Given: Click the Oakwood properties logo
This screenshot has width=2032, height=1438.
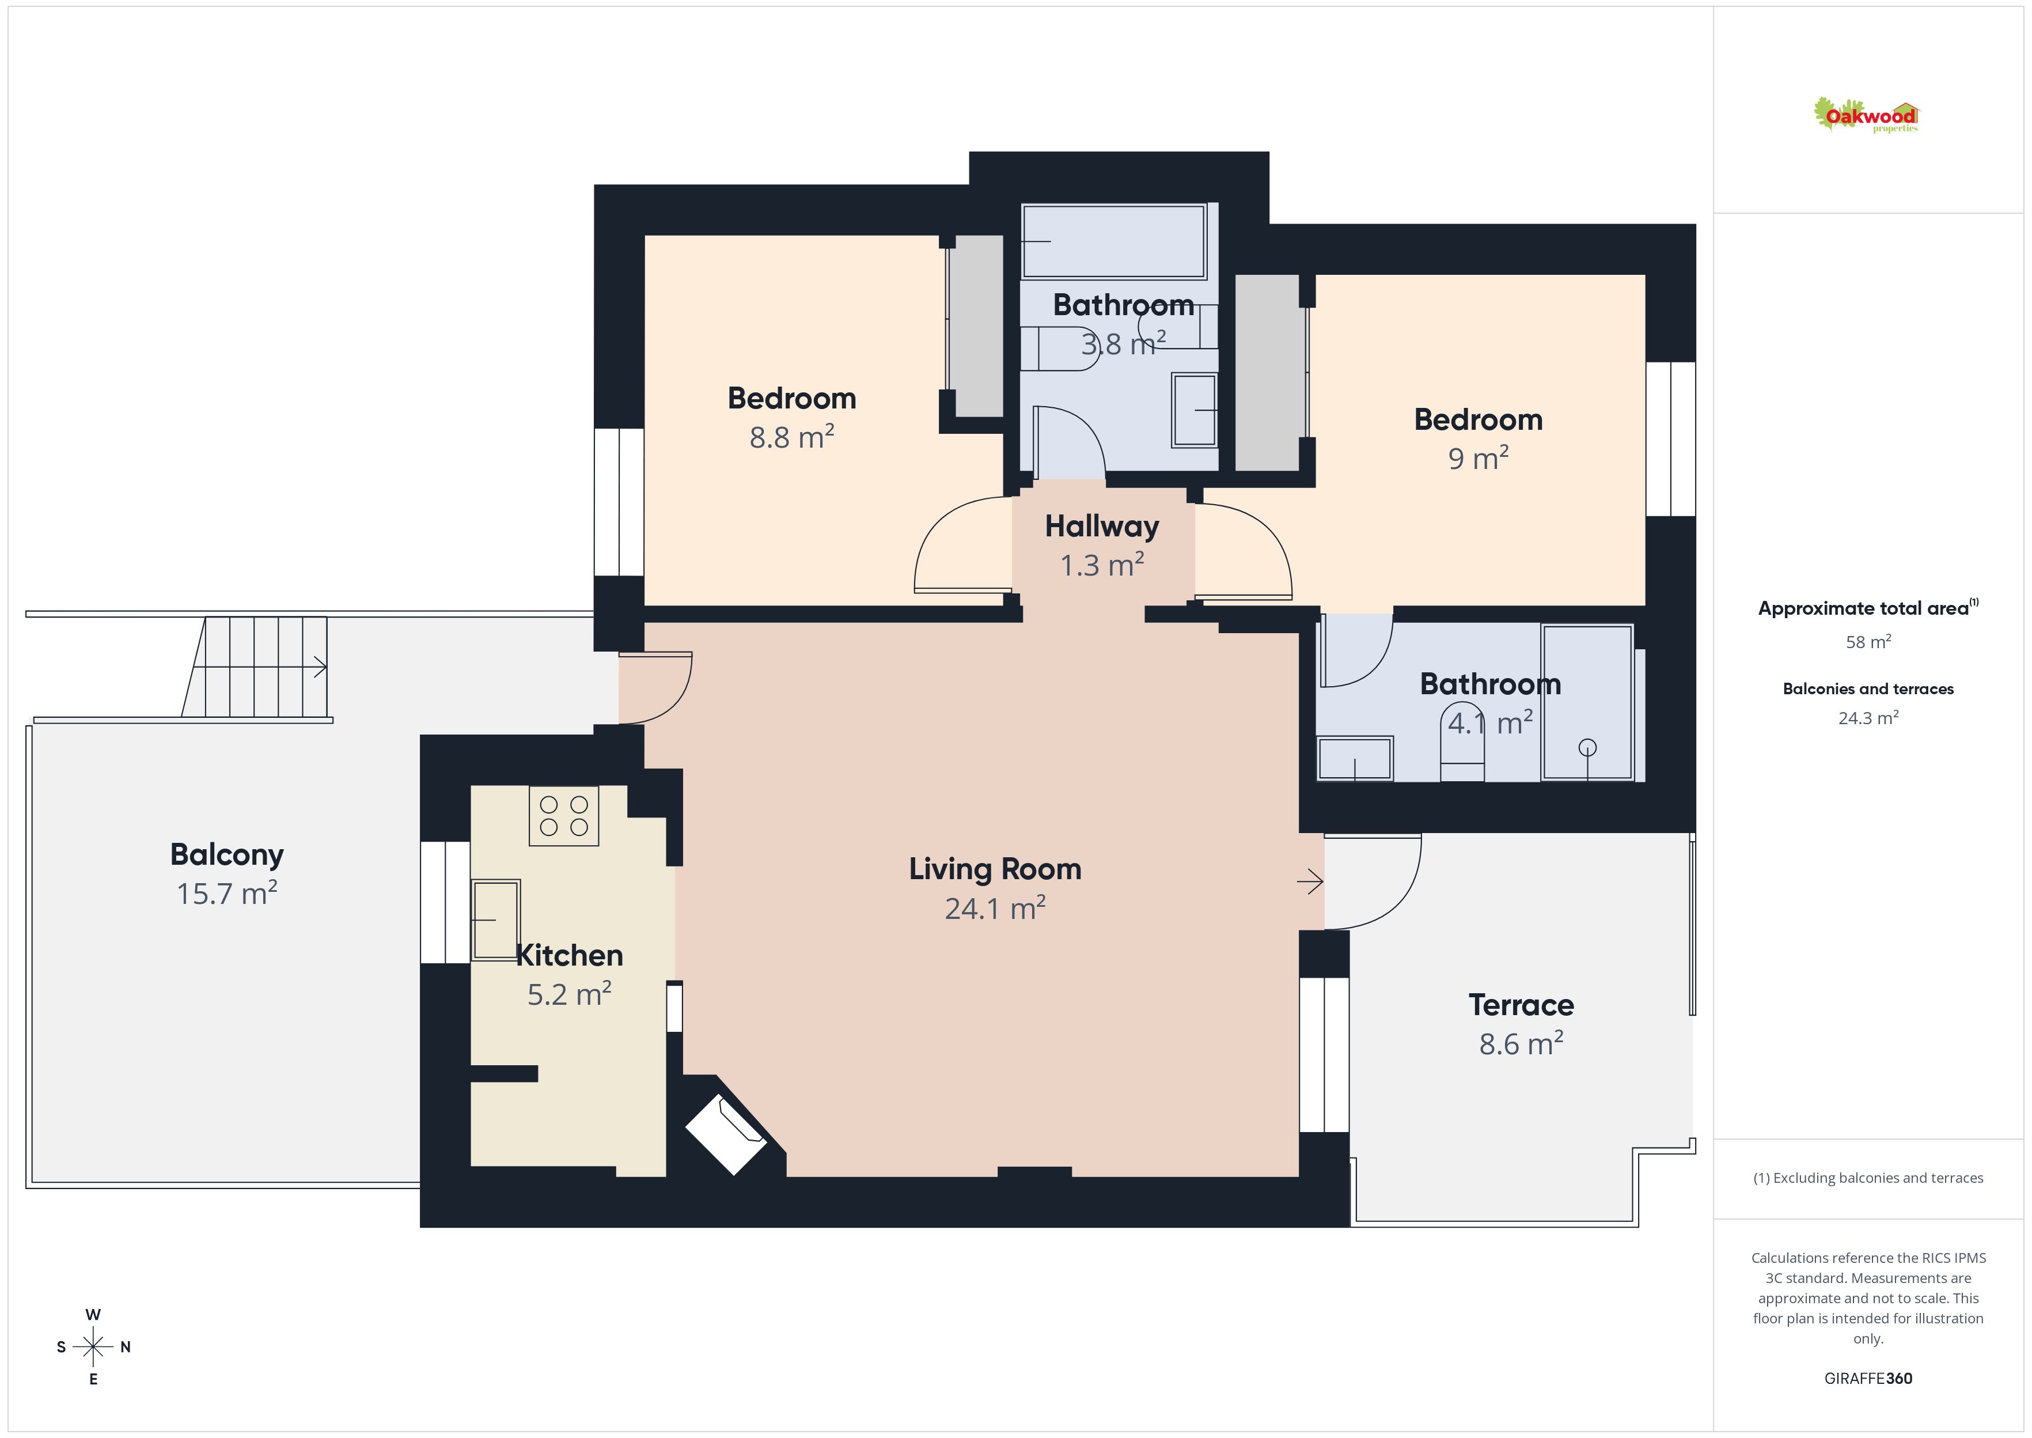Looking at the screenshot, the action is click(1866, 115).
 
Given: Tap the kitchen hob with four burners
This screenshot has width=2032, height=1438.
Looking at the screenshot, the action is click(564, 816).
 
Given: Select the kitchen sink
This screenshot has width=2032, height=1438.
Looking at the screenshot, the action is click(495, 920).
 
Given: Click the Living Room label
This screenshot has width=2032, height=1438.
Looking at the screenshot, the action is click(995, 869).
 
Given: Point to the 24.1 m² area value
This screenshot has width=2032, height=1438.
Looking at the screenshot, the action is click(995, 909).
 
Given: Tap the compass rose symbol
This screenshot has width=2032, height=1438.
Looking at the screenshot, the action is click(93, 1347).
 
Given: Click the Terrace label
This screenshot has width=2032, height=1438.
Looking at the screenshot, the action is click(1521, 1005).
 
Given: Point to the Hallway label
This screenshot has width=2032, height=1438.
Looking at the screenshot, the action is click(1102, 527).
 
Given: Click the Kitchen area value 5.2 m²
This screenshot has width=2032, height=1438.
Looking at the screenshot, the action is click(569, 994).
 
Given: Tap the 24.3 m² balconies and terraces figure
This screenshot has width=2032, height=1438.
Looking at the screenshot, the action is click(1868, 717).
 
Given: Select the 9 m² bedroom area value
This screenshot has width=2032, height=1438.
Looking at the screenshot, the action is click(1478, 458).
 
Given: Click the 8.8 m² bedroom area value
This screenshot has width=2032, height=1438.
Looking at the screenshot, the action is click(792, 437).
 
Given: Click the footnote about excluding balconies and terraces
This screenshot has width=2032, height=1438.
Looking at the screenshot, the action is click(1868, 1178).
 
